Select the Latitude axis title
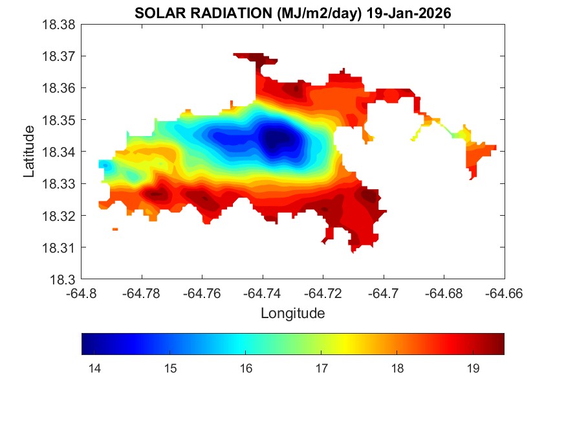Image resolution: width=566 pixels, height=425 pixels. (29, 152)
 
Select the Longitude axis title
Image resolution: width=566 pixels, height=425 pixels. (292, 314)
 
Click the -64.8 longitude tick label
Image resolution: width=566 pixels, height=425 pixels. (82, 293)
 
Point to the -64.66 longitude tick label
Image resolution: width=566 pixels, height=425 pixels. (505, 293)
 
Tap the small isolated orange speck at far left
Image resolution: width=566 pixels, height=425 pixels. (115, 229)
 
